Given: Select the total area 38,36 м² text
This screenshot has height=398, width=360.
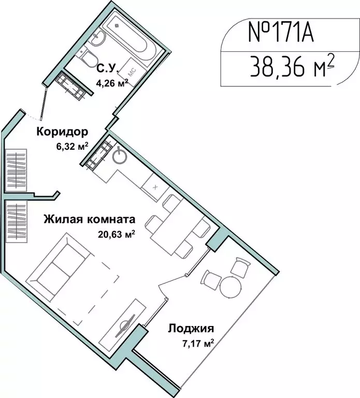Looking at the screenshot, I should click(290, 66).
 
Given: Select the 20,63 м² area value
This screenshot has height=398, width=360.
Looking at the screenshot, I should click(117, 233).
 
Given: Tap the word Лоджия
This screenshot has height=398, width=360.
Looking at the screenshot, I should click(191, 328).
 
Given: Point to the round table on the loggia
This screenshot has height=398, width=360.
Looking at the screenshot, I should click(231, 287).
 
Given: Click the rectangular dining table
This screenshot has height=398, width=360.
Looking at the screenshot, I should click(174, 225).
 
